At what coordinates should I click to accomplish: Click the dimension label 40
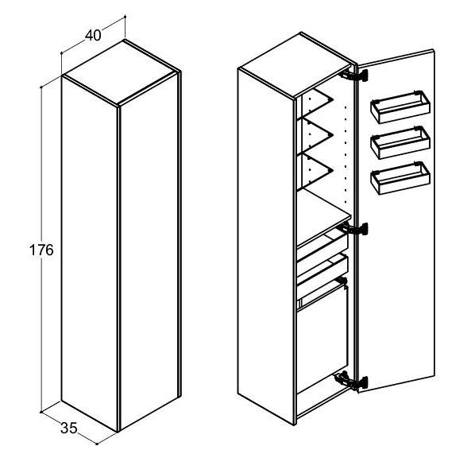pyautogui.click(x=93, y=36)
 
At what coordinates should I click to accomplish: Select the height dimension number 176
pyautogui.click(x=41, y=250)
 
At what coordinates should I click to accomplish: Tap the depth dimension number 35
pyautogui.click(x=69, y=428)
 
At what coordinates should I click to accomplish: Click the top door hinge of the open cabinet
pyautogui.click(x=353, y=76)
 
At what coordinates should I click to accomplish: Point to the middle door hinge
pyautogui.click(x=353, y=229)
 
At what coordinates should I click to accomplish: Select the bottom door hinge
pyautogui.click(x=351, y=381)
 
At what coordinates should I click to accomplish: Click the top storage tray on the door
pyautogui.click(x=400, y=107)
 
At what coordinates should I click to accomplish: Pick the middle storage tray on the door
pyautogui.click(x=400, y=142)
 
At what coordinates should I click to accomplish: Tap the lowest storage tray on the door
pyautogui.click(x=400, y=178)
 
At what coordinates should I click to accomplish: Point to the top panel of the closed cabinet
pyautogui.click(x=120, y=73)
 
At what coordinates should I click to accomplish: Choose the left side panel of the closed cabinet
pyautogui.click(x=90, y=253)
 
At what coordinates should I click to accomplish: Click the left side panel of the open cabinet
pyautogui.click(x=265, y=246)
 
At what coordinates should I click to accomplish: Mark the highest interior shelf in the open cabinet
pyautogui.click(x=315, y=102)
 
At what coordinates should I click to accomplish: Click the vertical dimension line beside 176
pyautogui.click(x=41, y=295)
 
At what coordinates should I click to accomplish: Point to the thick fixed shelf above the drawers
pyautogui.click(x=323, y=218)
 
